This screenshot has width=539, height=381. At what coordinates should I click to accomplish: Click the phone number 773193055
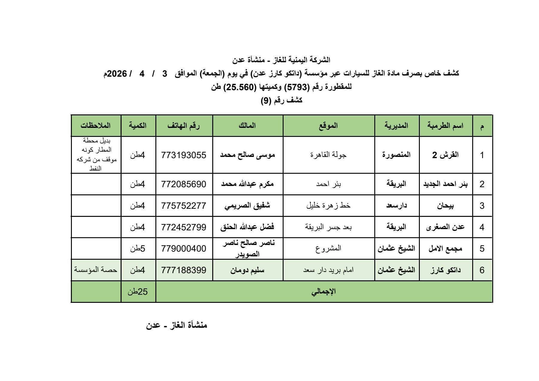click(184, 155)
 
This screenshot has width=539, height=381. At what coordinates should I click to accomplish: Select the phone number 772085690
click(184, 184)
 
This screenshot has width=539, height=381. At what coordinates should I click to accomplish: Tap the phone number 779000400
click(184, 249)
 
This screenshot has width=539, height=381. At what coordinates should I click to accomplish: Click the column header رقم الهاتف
click(184, 126)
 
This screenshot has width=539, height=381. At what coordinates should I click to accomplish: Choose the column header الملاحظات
click(96, 126)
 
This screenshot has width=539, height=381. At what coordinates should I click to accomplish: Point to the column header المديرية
click(396, 126)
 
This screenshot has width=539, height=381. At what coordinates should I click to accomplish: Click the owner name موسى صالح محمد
click(247, 155)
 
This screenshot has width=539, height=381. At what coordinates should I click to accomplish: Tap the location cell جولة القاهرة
click(328, 155)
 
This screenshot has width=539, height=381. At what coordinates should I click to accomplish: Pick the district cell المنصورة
click(396, 155)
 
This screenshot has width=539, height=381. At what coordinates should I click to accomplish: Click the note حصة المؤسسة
click(96, 270)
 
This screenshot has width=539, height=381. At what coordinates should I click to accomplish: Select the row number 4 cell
click(482, 227)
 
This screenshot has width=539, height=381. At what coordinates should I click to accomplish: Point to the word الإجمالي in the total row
click(324, 292)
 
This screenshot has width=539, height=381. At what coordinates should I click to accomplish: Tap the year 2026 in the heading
click(117, 74)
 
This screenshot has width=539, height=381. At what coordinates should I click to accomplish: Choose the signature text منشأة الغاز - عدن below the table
click(177, 325)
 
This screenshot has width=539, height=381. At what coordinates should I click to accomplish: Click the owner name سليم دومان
click(247, 270)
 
